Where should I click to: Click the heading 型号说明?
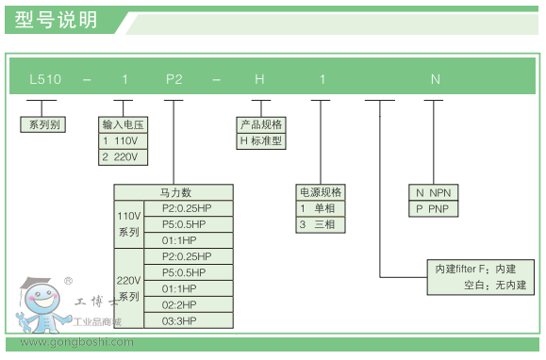click(x=57, y=20)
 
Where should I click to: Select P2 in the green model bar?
click(x=174, y=79)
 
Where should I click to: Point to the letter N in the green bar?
click(x=435, y=79)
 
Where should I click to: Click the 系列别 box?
click(x=42, y=123)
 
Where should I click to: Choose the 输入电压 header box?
click(x=124, y=124)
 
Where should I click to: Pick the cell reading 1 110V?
click(x=124, y=140)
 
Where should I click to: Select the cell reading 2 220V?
click(x=124, y=156)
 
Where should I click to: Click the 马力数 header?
click(x=174, y=192)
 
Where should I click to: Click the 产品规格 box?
click(x=261, y=124)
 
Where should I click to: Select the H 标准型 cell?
click(x=261, y=141)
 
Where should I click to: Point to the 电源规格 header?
click(x=321, y=191)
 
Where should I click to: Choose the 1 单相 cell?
click(x=321, y=207)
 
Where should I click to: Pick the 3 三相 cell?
click(x=321, y=224)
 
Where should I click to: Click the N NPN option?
click(x=435, y=192)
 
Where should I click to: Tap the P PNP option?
click(x=435, y=208)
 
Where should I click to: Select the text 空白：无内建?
click(x=494, y=285)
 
